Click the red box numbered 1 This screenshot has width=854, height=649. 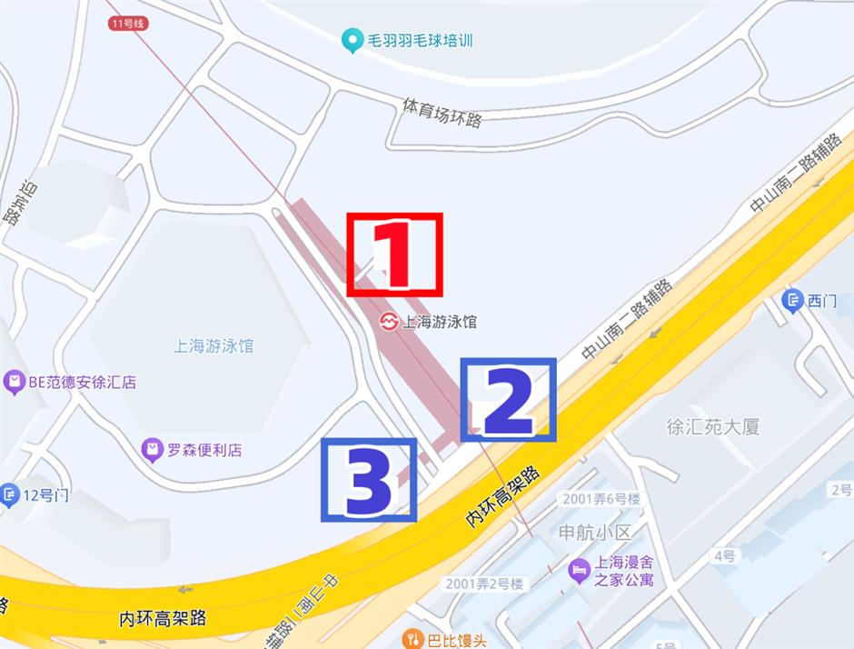[394, 255]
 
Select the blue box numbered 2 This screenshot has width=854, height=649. [508, 400]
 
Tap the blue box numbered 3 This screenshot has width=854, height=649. [368, 480]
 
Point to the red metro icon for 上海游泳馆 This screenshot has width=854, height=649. [389, 322]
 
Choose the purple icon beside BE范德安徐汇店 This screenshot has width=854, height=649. [14, 383]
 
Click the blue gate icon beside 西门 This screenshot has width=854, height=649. [793, 301]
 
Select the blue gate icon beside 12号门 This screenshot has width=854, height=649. [10, 495]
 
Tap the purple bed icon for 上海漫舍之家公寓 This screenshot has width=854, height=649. [579, 571]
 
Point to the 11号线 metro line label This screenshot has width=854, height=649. [126, 23]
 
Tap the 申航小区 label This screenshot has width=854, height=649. [595, 532]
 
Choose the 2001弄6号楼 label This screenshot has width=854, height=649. [601, 499]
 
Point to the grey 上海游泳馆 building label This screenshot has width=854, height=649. [213, 346]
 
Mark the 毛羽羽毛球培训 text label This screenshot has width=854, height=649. [420, 41]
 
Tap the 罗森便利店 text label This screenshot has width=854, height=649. [204, 450]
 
